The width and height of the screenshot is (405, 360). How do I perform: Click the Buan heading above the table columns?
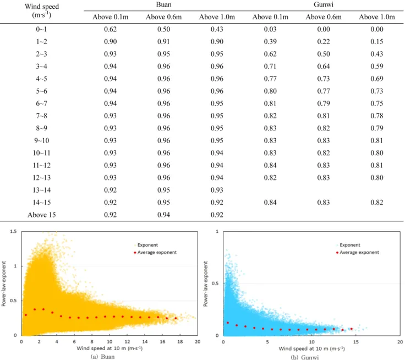tap(163, 4)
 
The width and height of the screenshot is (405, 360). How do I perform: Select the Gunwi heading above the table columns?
tap(324, 4)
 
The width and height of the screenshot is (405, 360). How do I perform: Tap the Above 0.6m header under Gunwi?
tap(324, 17)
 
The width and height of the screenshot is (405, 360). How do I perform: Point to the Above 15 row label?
tap(42, 215)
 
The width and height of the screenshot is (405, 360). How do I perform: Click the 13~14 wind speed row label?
tap(42, 190)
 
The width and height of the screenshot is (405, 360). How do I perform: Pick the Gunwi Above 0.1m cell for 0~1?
tap(270, 29)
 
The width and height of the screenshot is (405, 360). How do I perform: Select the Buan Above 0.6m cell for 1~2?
tap(163, 42)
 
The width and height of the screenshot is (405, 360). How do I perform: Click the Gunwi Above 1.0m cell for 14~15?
tap(377, 203)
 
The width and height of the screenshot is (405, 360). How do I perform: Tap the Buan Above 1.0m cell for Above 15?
tap(217, 215)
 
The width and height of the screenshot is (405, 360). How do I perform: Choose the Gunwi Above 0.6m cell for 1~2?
tap(324, 42)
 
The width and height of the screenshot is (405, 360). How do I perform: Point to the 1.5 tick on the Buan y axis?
tap(13, 232)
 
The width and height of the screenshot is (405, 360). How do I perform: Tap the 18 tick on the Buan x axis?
tap(180, 342)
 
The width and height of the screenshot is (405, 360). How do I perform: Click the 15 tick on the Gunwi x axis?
tap(355, 342)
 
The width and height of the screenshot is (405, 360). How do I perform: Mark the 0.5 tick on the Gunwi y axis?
tap(215, 283)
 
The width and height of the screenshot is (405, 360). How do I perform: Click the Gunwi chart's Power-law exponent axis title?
tap(206, 284)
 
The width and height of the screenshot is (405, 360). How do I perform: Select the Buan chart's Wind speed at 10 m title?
tap(110, 348)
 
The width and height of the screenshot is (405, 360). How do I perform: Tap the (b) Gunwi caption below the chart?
tap(304, 357)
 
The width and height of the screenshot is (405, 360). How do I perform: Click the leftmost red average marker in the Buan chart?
tap(25, 315)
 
